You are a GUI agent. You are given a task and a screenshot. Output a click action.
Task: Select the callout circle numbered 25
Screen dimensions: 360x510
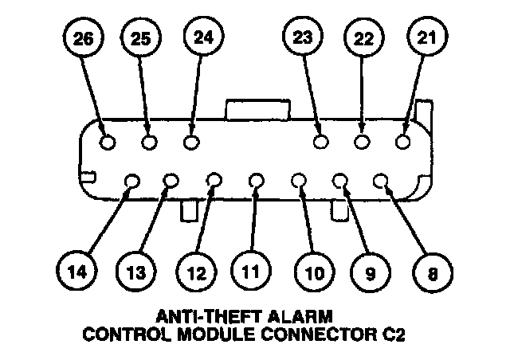[140, 39]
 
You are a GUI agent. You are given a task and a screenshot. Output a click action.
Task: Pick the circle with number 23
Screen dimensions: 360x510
[303, 37]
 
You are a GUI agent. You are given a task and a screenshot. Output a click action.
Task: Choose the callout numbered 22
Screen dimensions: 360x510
[363, 39]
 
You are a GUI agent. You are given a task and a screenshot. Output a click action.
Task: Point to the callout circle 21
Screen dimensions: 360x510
[428, 37]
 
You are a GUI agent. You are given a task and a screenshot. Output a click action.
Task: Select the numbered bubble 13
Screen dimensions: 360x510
[137, 273]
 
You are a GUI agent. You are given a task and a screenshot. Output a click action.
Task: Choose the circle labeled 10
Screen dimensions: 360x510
[312, 273]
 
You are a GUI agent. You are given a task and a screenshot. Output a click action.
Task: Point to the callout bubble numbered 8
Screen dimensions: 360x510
[432, 273]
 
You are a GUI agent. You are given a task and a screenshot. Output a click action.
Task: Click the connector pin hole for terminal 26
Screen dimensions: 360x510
[109, 143]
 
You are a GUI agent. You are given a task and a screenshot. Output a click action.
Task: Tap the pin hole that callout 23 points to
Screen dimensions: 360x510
[321, 142]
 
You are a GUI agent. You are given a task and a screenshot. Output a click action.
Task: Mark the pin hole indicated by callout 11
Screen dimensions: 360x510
[256, 182]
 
